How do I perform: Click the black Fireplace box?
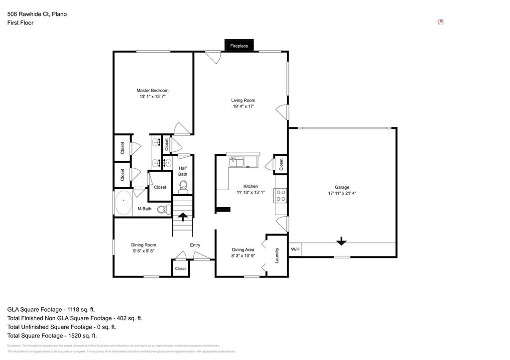[239, 46]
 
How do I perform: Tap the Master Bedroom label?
[152, 91]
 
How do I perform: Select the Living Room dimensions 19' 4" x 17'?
[243, 107]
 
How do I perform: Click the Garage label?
[342, 187]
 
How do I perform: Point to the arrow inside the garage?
[341, 241]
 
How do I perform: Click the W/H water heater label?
[295, 249]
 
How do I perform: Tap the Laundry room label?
[277, 255]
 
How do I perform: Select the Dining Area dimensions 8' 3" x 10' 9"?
[243, 256]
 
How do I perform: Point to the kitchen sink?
[236, 161]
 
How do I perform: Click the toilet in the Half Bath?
[183, 188]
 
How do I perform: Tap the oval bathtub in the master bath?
[123, 203]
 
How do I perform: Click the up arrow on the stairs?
[183, 217]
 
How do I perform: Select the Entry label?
[195, 245]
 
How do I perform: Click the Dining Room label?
[143, 245]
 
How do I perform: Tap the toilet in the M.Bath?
[164, 210]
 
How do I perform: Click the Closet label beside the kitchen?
[281, 164]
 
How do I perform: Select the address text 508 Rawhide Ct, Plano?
[37, 14]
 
